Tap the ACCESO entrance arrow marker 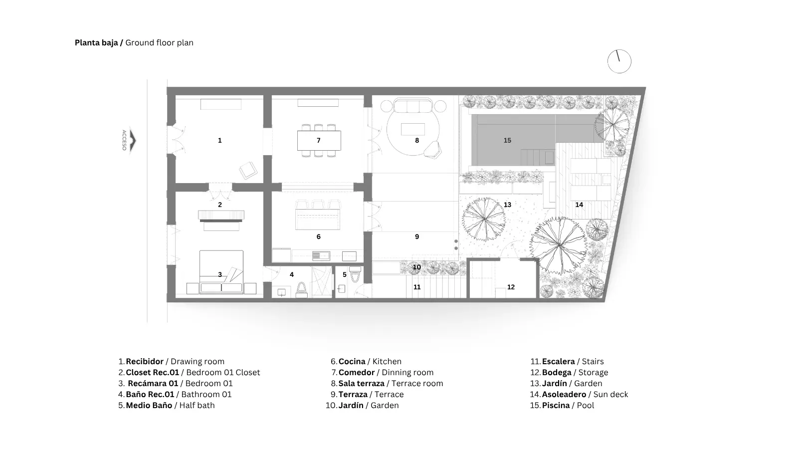pyautogui.click(x=133, y=140)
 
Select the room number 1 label pyautogui.click(x=220, y=140)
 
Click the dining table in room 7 pyautogui.click(x=319, y=140)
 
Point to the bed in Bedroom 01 pyautogui.click(x=221, y=272)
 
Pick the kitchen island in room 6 pyautogui.click(x=317, y=220)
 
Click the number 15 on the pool pyautogui.click(x=507, y=140)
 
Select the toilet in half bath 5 pyautogui.click(x=355, y=275)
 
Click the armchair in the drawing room pyautogui.click(x=248, y=170)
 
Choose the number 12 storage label pyautogui.click(x=511, y=287)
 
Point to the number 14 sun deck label pyautogui.click(x=579, y=205)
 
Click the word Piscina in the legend pyautogui.click(x=556, y=405)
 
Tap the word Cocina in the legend pyautogui.click(x=352, y=361)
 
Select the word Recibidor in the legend pyautogui.click(x=145, y=361)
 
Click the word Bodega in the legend pyautogui.click(x=557, y=372)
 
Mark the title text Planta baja pyautogui.click(x=96, y=43)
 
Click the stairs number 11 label pyautogui.click(x=417, y=287)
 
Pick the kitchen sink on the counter pyautogui.click(x=321, y=255)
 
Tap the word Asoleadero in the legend pyautogui.click(x=564, y=395)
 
